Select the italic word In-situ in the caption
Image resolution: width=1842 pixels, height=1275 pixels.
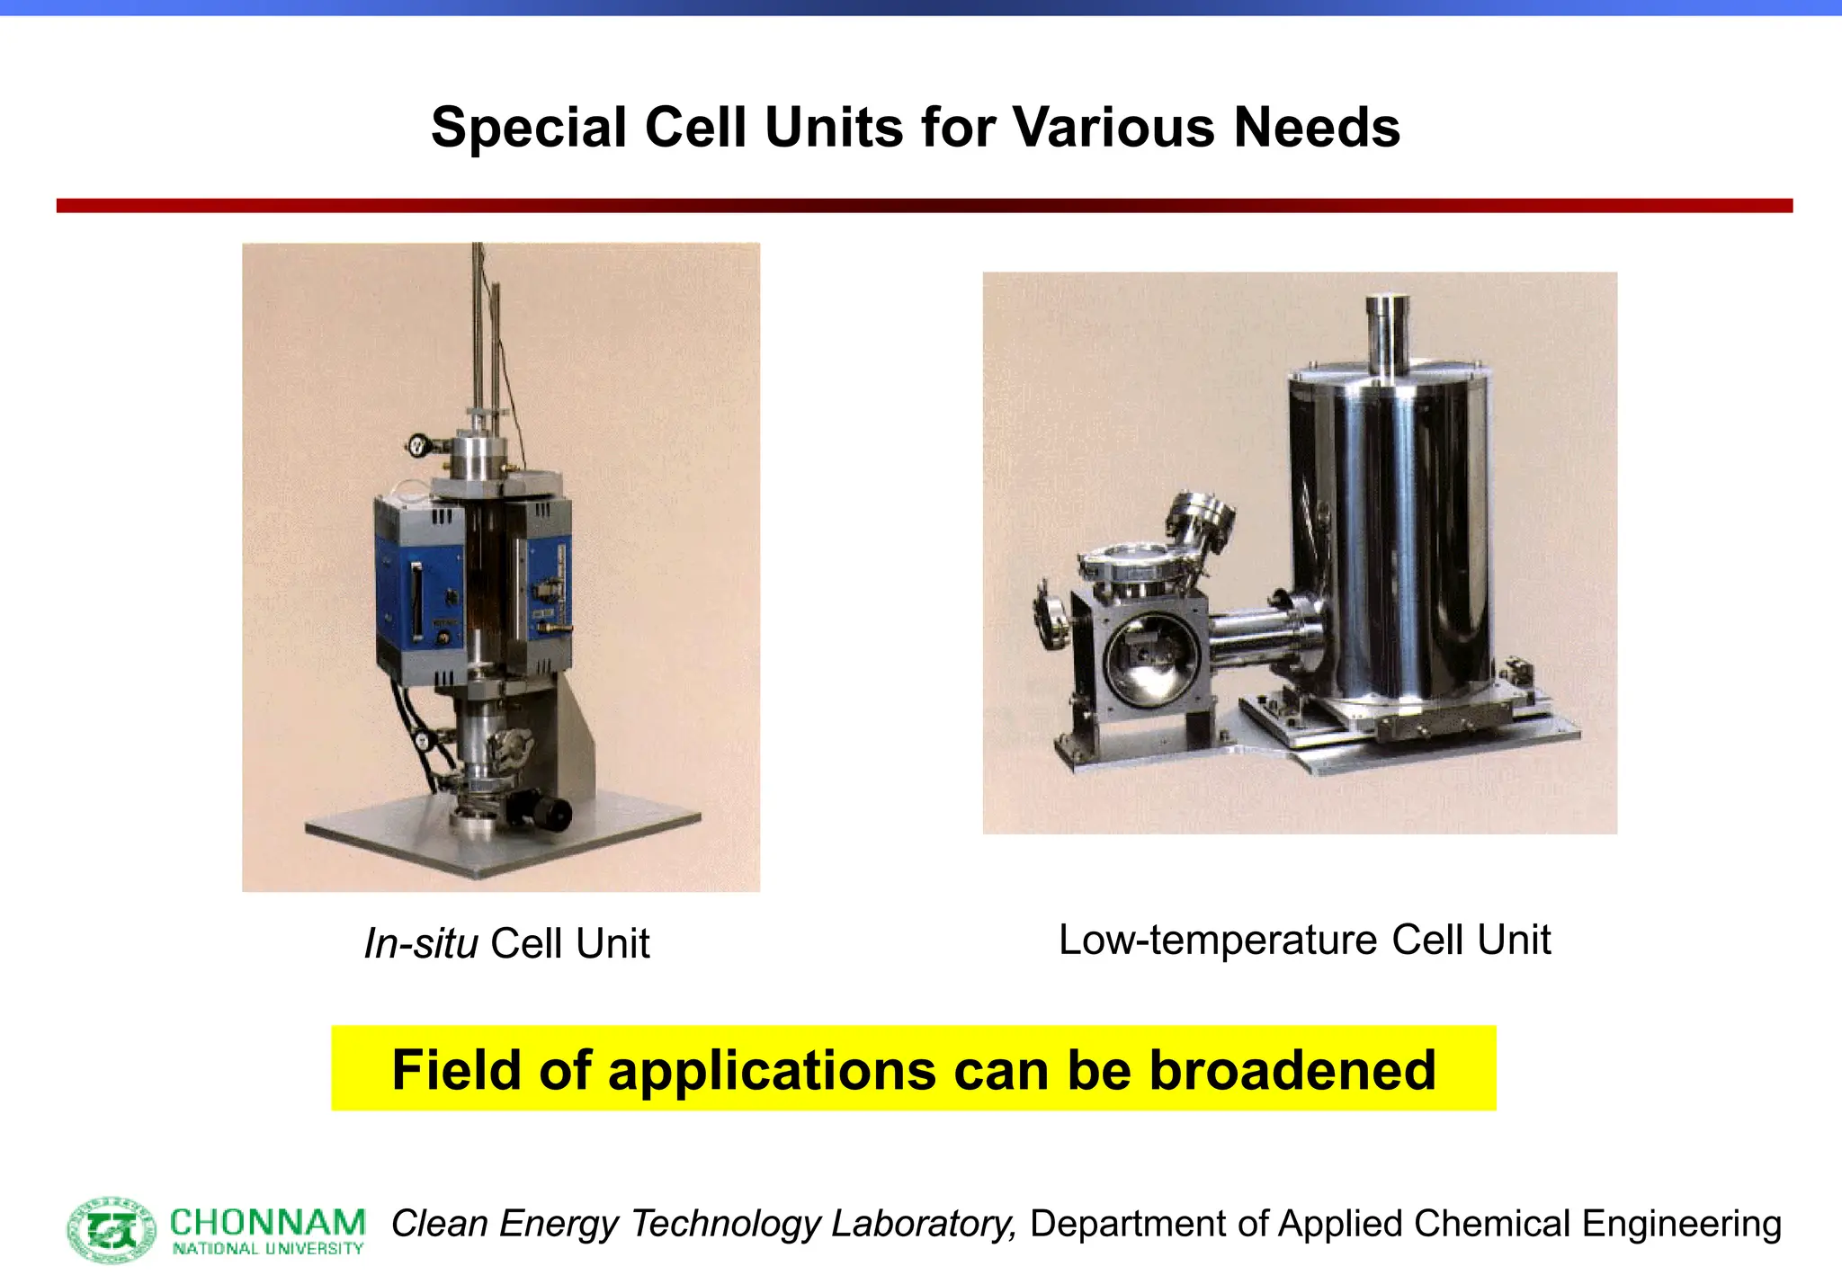point(420,944)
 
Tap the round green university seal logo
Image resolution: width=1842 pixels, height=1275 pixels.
point(112,1228)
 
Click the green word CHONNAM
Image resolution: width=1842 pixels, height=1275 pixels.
point(267,1223)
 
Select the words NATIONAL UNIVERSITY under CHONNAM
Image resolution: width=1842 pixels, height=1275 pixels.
point(267,1249)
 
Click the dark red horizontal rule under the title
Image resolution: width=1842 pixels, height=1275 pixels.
point(924,206)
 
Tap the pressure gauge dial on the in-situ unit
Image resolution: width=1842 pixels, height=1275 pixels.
point(417,443)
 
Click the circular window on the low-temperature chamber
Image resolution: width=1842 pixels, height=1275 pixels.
point(1152,662)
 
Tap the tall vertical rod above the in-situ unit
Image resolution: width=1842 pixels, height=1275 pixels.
point(478,333)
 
